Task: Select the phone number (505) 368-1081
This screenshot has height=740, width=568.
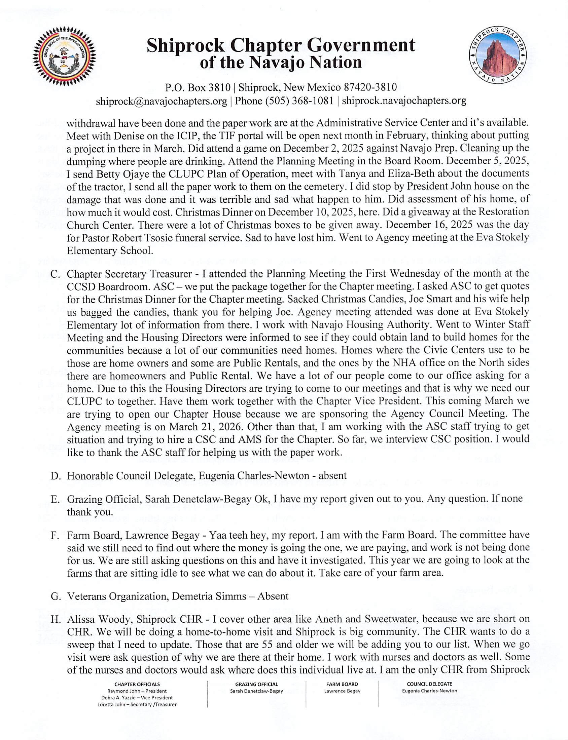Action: [297, 101]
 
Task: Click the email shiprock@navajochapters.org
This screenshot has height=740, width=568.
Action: [161, 101]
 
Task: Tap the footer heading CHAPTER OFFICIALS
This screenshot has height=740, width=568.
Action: [137, 684]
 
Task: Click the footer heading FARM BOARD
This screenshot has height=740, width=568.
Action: [342, 684]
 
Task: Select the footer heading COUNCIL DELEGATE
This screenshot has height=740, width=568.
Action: [429, 684]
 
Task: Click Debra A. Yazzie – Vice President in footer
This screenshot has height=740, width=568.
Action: [137, 698]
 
